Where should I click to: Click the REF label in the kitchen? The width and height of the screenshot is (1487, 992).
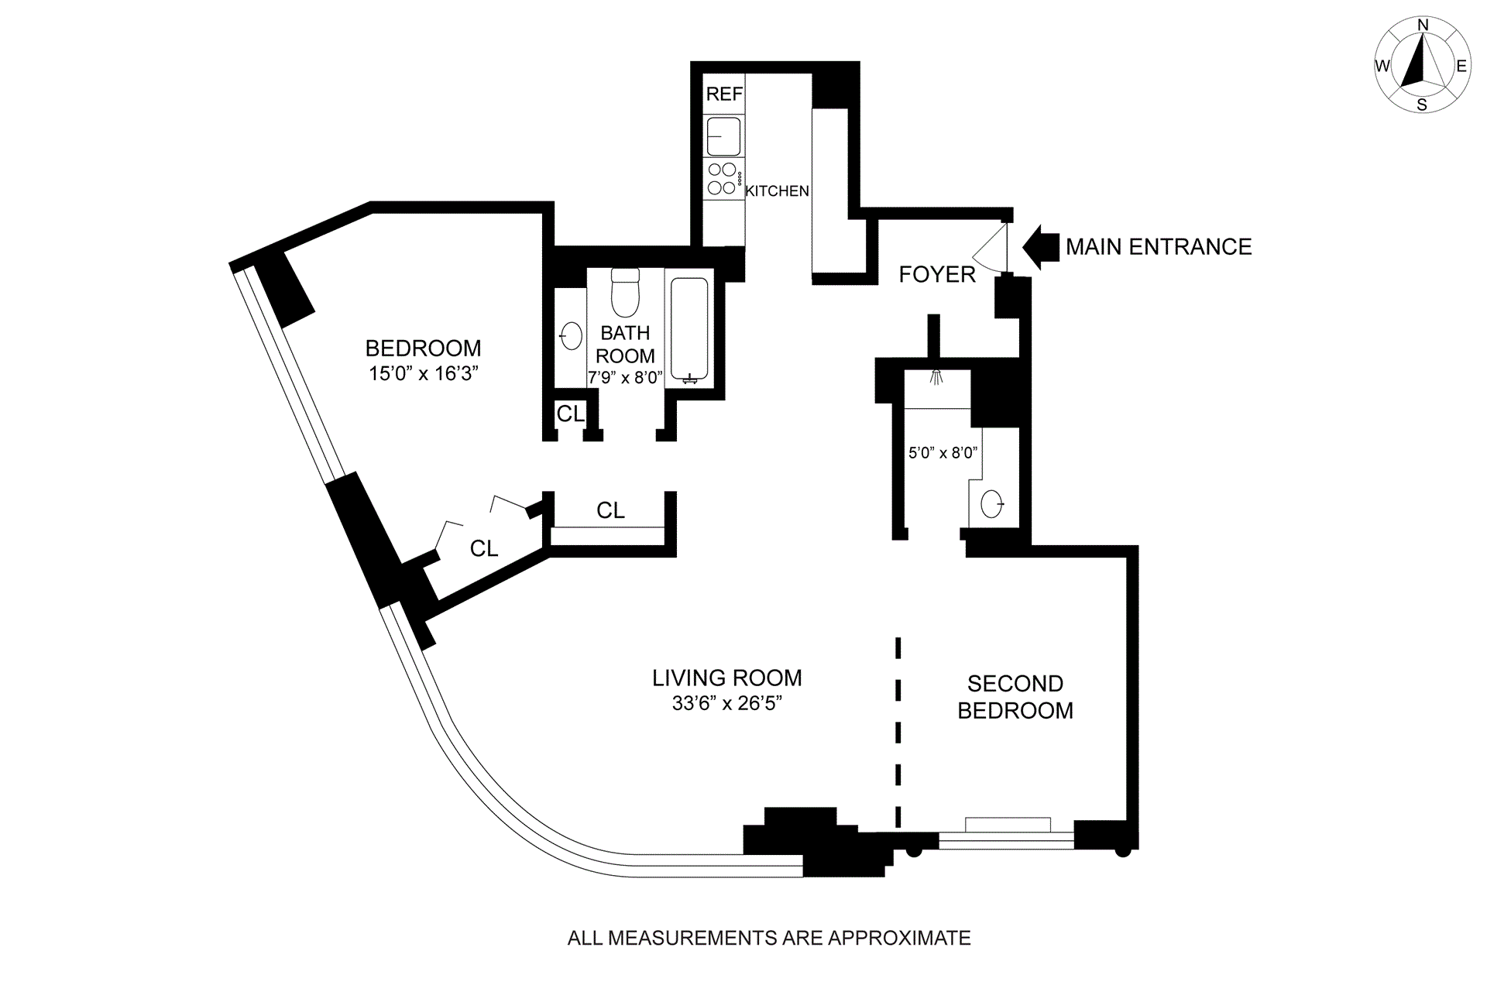724,94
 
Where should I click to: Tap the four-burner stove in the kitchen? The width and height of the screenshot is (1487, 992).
723,179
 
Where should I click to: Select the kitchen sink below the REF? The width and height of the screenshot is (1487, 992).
723,137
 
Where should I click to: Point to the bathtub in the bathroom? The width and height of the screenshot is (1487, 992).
689,329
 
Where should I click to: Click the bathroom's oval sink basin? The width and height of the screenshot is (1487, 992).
572,337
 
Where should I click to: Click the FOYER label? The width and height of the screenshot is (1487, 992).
936,274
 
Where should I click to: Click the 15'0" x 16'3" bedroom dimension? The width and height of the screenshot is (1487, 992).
423,374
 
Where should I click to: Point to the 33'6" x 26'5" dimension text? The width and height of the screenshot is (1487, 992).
726,704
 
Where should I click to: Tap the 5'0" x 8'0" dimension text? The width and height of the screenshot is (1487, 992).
943,452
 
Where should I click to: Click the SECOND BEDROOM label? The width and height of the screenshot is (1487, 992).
1015,697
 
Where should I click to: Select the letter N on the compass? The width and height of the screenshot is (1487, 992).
1423,26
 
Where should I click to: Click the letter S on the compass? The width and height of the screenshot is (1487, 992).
1422,105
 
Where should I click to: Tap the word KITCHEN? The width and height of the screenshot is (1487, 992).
777,191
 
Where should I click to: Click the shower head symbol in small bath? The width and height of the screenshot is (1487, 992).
937,377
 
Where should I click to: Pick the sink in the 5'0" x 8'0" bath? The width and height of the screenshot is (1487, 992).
992,504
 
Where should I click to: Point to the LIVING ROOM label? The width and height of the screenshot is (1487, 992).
726,678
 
